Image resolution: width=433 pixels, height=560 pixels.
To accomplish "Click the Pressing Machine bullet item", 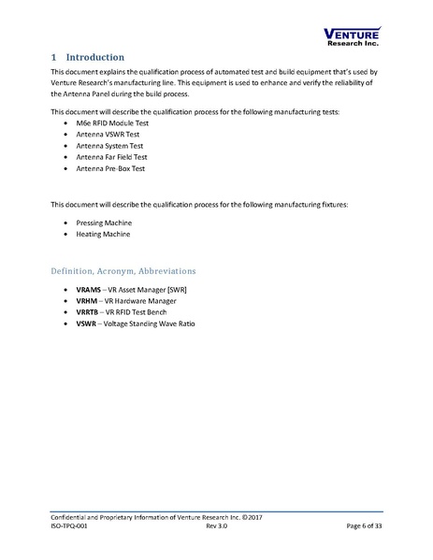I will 104,223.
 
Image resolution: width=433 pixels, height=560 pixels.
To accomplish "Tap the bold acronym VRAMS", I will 89,292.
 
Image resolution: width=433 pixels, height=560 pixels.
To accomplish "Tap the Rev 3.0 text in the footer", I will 217,528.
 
